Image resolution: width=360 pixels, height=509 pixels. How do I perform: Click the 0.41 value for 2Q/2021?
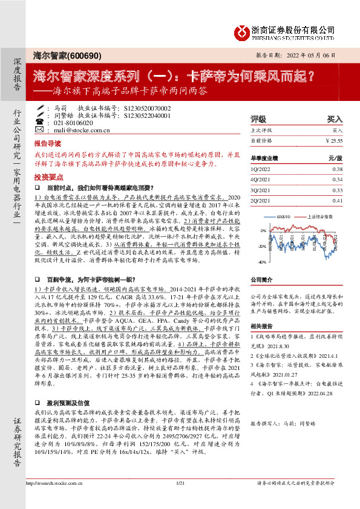338,201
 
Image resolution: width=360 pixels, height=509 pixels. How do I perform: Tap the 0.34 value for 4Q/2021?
338,180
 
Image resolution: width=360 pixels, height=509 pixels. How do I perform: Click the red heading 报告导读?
47,145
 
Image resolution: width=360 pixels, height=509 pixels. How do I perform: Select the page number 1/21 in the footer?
179,500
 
